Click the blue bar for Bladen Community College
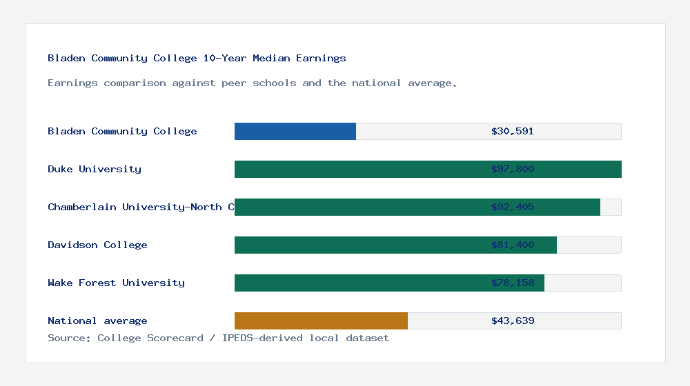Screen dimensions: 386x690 pyautogui.click(x=295, y=131)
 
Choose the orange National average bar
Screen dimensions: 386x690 pyautogui.click(x=321, y=321)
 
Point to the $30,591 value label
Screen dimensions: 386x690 pyautogui.click(x=513, y=131)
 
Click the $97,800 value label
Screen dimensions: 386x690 pyautogui.click(x=513, y=169)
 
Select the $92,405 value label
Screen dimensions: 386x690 pyautogui.click(x=513, y=207)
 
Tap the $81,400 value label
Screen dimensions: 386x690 pyautogui.click(x=513, y=245)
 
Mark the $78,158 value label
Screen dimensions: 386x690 pyautogui.click(x=513, y=283)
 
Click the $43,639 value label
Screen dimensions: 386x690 pyautogui.click(x=513, y=321)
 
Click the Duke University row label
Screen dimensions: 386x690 pyautogui.click(x=95, y=169)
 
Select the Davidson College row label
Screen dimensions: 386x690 pyautogui.click(x=97, y=245)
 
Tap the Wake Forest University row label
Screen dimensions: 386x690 pyautogui.click(x=116, y=283)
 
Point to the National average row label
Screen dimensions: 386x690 pyautogui.click(x=97, y=321)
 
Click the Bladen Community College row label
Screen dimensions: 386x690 pyautogui.click(x=122, y=131)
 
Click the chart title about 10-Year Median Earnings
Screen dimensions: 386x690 pyautogui.click(x=197, y=58)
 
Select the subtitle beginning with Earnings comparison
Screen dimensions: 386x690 pyautogui.click(x=253, y=83)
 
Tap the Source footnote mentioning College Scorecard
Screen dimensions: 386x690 pyautogui.click(x=218, y=338)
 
